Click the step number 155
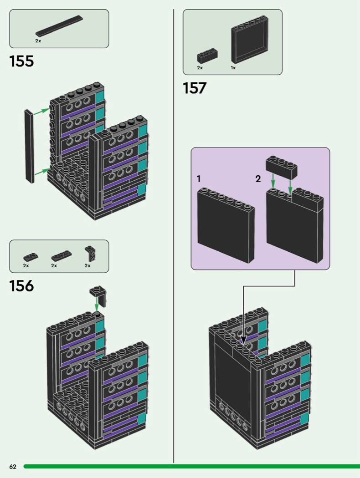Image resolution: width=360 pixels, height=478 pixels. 21,61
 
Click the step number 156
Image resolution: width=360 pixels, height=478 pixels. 21,286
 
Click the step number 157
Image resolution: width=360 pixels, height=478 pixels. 195,88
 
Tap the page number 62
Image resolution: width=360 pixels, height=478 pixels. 13,467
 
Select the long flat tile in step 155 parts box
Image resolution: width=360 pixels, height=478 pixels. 60,26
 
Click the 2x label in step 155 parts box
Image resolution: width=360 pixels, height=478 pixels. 38,41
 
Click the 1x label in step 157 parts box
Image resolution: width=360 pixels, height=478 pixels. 233,68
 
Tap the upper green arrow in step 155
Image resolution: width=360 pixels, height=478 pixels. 42,110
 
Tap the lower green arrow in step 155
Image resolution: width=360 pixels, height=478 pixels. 42,171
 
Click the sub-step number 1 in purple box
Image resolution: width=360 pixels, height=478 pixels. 199,179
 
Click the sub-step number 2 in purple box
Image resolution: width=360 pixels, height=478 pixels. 258,179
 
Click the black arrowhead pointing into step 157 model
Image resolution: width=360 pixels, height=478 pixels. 243,340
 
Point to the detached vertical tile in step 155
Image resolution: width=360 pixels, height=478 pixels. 30,146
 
